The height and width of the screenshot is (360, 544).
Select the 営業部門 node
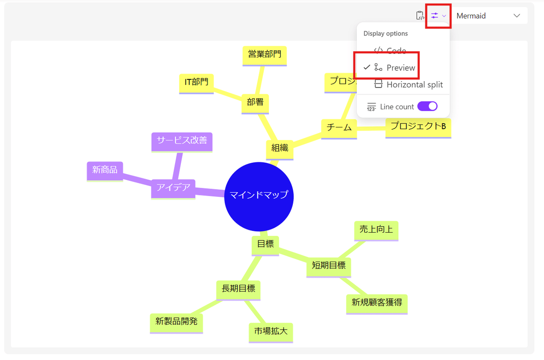point(265,55)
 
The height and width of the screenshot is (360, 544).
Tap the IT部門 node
point(196,83)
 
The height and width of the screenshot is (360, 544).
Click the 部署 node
point(255,102)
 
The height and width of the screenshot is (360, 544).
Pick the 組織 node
point(280,148)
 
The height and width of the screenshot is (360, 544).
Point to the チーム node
point(339,128)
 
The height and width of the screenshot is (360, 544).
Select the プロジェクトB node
point(418,127)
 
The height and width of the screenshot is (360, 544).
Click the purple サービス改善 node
point(182,141)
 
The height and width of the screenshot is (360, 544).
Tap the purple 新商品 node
point(105,170)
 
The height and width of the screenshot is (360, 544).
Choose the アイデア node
point(173,188)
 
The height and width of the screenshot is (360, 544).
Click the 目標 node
point(265,244)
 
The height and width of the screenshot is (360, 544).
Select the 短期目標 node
point(329,266)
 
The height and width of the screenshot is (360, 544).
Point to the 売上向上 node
point(376,230)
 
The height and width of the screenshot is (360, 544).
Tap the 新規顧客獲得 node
point(377,302)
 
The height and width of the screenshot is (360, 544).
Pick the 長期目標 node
point(238,288)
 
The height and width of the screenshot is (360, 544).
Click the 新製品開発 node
point(176,322)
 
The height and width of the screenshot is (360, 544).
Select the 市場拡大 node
point(271,331)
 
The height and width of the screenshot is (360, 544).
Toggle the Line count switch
point(427,106)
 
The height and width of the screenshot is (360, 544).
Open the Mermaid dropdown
point(489,16)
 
